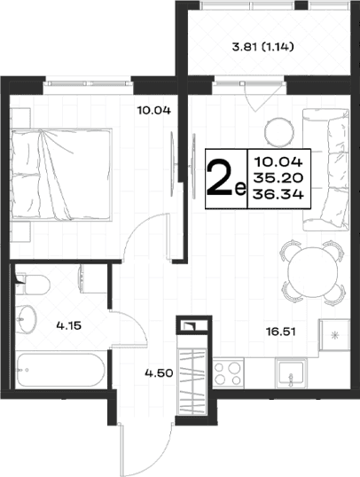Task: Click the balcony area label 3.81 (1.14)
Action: click(262, 47)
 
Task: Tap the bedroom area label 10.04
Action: click(153, 110)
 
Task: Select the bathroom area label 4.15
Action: click(69, 325)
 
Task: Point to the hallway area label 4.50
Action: click(159, 372)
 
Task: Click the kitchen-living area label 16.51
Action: click(281, 332)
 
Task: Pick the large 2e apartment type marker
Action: click(226, 178)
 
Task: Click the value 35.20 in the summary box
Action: click(278, 177)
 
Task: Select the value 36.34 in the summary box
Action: click(278, 194)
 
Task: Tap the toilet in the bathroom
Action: click(33, 285)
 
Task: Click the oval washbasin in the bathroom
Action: click(26, 319)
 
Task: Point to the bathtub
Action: click(60, 370)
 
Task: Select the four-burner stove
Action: click(228, 372)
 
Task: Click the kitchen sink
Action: click(291, 373)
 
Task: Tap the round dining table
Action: click(312, 272)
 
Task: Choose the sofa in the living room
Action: click(325, 169)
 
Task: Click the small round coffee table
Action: click(279, 131)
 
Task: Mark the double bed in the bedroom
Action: click(61, 174)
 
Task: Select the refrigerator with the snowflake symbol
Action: click(334, 335)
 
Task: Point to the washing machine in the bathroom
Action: click(93, 278)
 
